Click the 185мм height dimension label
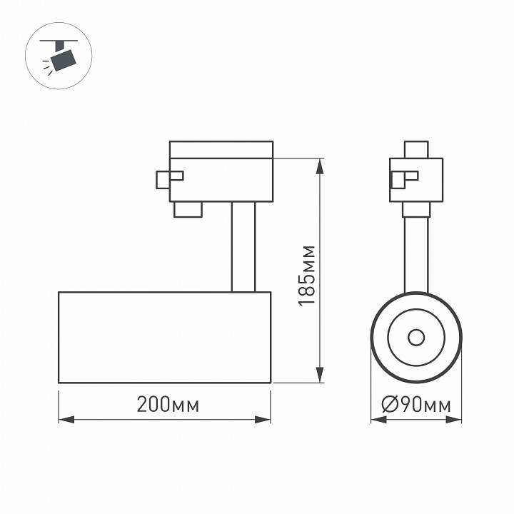(x=306, y=275)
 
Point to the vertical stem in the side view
(x=243, y=246)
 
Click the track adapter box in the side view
(x=221, y=178)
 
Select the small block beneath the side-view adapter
(x=187, y=208)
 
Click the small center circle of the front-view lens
(x=416, y=337)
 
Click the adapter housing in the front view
(x=415, y=180)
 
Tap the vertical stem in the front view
(x=416, y=253)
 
